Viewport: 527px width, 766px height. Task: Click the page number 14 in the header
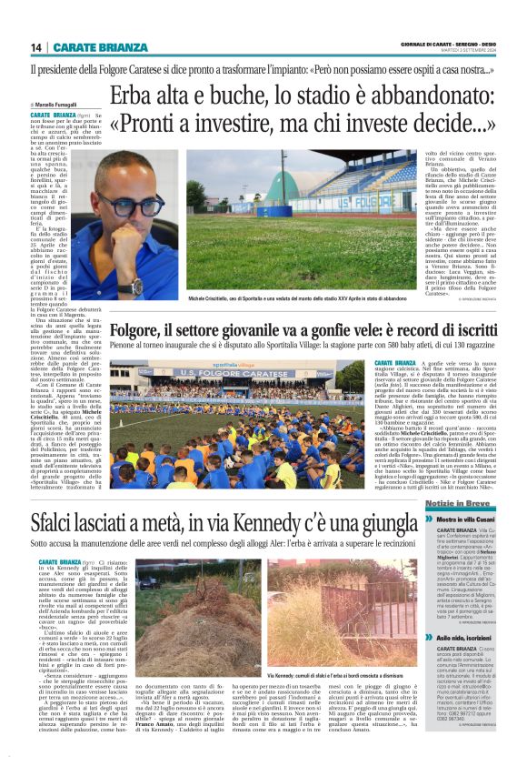pos(36,47)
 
